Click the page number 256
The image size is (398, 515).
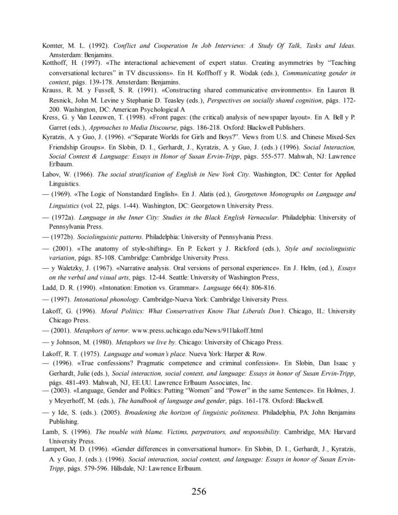tap(199, 491)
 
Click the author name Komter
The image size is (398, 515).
tap(52, 46)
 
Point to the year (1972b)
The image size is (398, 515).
tap(62, 237)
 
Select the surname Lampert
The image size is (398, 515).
tap(54, 449)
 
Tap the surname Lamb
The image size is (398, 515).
tap(50, 432)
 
